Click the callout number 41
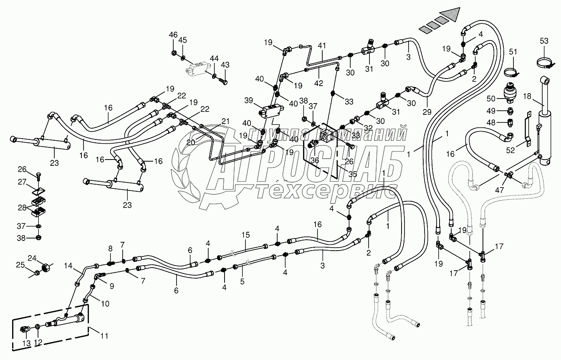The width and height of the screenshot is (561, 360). pyautogui.click(x=321, y=46)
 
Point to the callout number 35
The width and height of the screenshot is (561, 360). pyautogui.click(x=353, y=175)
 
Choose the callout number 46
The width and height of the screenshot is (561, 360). pyautogui.click(x=173, y=34)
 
